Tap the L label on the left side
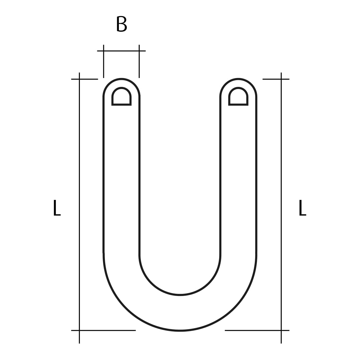click(x=57, y=208)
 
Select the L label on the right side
click(x=302, y=208)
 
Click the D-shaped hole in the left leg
click(x=121, y=97)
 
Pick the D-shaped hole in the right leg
click(x=238, y=97)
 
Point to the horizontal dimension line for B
click(x=121, y=51)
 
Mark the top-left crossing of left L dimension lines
click(x=79, y=79)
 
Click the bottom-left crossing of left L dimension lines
click(x=79, y=330)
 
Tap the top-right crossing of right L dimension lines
click(x=281, y=79)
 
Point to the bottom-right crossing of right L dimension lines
click(x=281, y=330)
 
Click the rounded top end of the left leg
click(x=121, y=79)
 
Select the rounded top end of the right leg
click(x=238, y=79)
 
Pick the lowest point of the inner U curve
click(x=180, y=295)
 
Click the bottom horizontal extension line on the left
click(x=107, y=330)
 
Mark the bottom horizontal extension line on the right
click(x=253, y=330)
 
